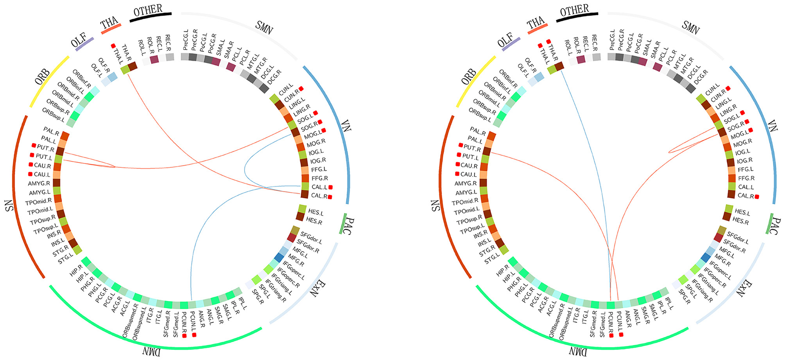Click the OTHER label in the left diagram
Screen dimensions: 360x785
pos(148,10)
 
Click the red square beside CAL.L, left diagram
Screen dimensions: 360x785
pos(330,187)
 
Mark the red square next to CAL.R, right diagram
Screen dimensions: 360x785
pos(757,197)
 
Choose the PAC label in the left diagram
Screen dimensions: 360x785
pos(349,226)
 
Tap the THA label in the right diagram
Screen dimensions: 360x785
pos(536,22)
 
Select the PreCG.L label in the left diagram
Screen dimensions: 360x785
pos(185,40)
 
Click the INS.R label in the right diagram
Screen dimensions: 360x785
pos(480,233)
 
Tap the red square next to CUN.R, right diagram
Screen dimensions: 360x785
pos(728,89)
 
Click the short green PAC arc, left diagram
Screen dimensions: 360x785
pos(342,224)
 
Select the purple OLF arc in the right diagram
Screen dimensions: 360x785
pos(511,44)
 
